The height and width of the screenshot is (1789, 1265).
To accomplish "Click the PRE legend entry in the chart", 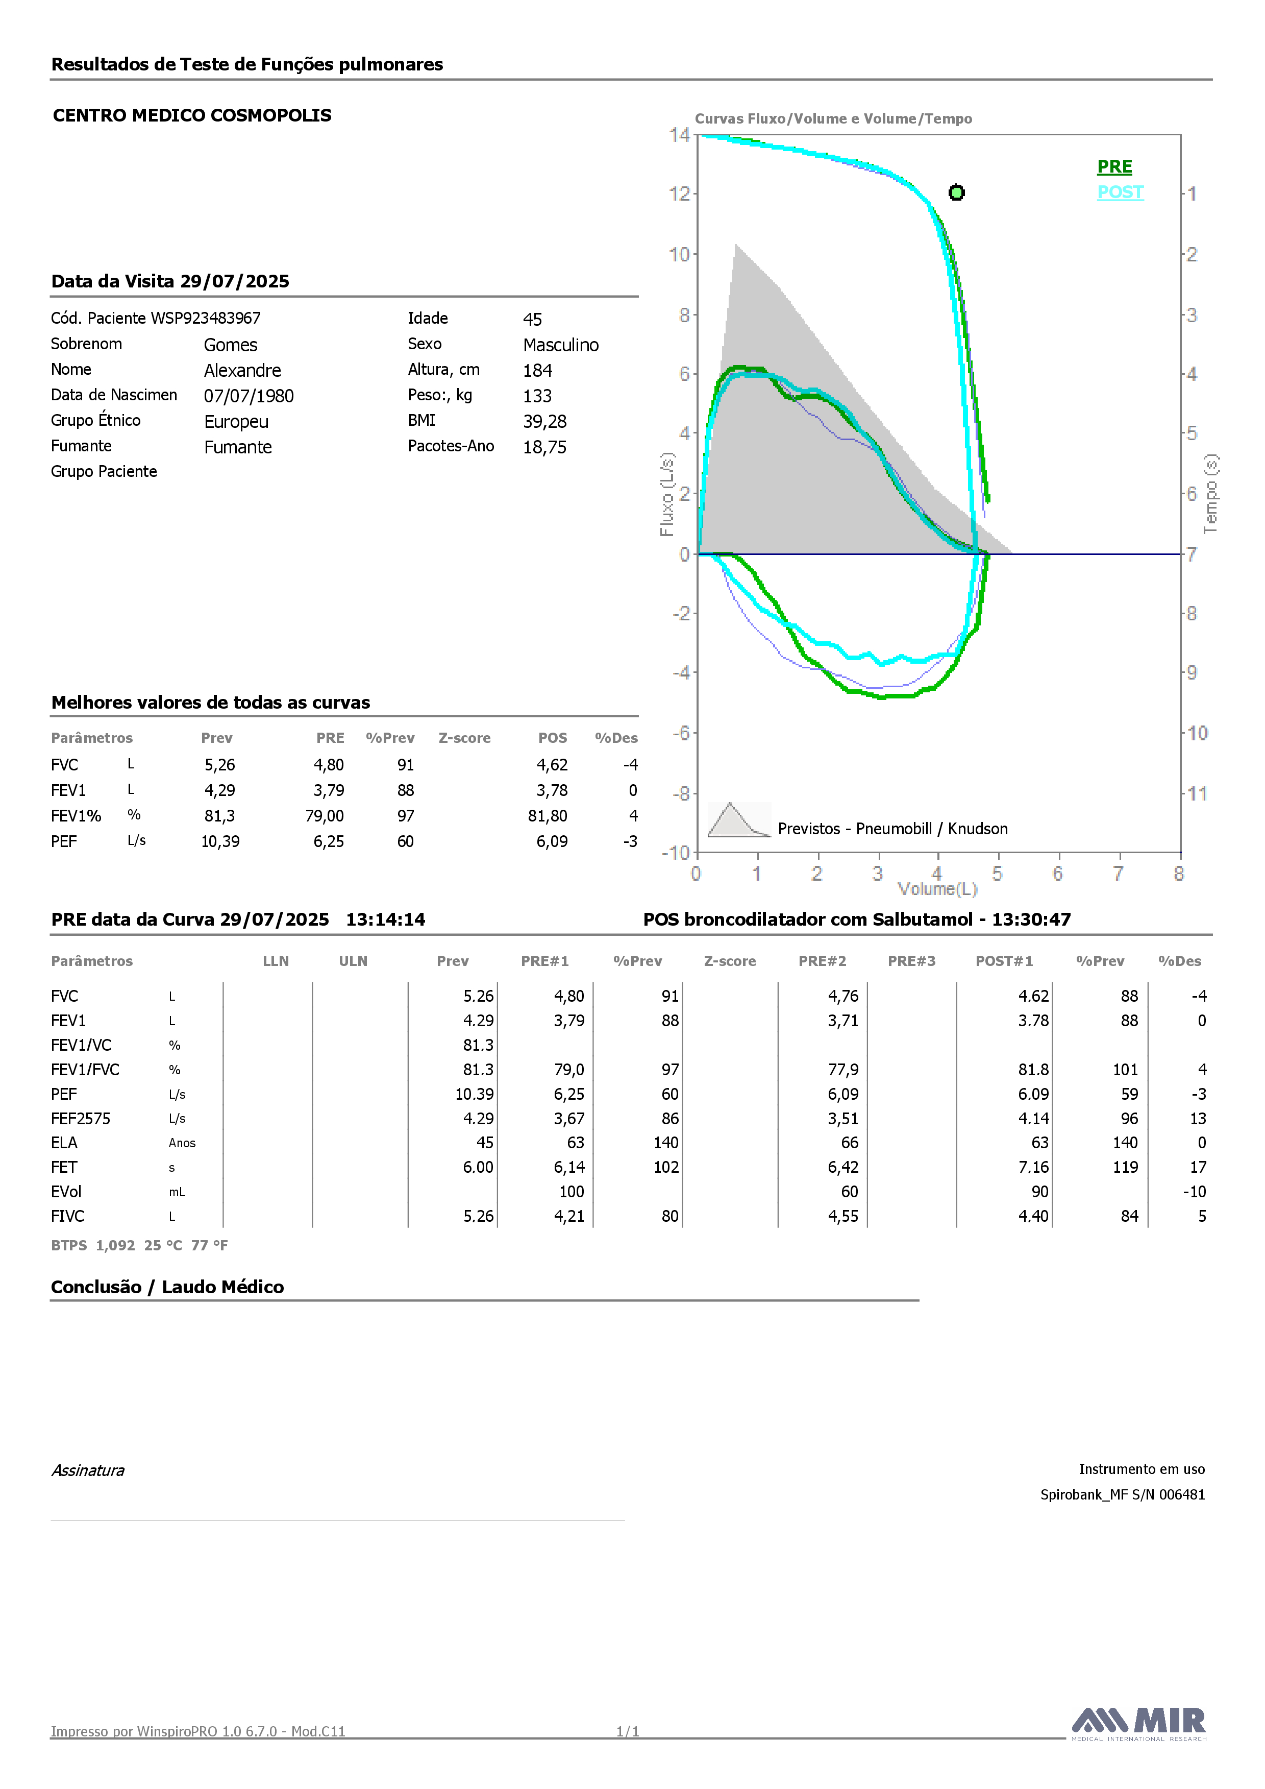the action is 1114,167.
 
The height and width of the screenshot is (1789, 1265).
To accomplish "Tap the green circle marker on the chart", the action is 957,192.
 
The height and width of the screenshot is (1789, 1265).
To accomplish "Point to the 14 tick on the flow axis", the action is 679,135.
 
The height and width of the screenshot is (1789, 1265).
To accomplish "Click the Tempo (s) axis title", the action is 1210,494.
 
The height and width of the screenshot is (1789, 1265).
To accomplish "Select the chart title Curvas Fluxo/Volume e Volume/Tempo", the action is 833,118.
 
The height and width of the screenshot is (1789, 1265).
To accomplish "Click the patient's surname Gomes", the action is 231,345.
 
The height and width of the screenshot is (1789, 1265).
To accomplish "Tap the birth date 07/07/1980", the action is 249,396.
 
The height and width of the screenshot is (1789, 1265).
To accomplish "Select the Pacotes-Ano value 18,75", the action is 544,447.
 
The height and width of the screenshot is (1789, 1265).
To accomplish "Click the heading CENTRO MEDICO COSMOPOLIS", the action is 192,115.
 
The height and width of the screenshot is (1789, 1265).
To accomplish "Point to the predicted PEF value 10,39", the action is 220,841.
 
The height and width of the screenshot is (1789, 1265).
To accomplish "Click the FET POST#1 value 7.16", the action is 1034,1167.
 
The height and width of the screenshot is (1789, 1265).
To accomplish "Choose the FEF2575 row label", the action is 81,1119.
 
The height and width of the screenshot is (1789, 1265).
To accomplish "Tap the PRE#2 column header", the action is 822,961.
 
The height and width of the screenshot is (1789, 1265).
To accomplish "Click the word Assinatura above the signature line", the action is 88,1470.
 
